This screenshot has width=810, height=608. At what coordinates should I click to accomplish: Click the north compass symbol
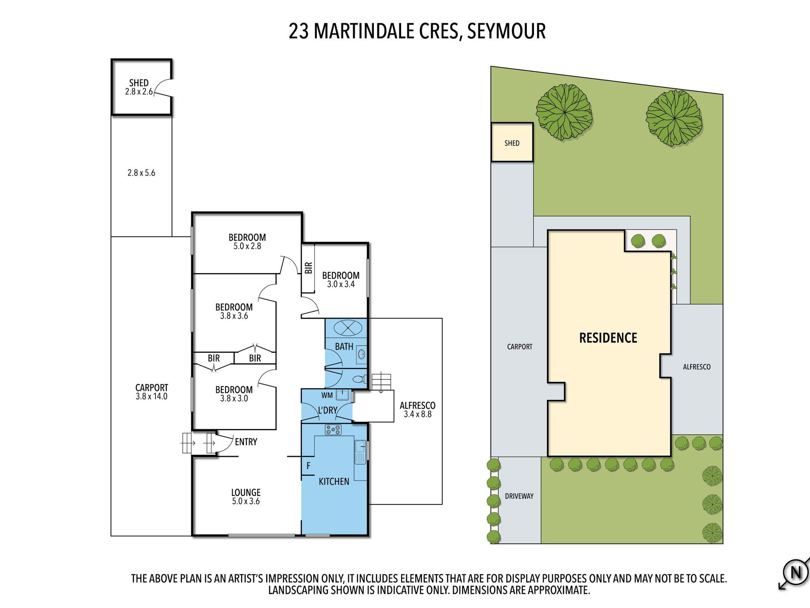[795, 573]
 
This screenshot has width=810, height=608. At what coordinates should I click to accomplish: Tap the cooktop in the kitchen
[333, 430]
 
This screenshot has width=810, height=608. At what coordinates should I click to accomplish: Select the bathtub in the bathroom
[348, 328]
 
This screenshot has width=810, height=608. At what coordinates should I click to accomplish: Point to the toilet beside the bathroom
[359, 379]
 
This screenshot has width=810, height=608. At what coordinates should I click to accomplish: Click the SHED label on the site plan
[512, 143]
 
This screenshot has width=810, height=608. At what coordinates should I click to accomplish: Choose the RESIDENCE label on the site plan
[608, 338]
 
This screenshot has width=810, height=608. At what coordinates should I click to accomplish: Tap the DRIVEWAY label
[519, 496]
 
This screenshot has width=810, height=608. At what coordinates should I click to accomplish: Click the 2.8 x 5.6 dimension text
[141, 173]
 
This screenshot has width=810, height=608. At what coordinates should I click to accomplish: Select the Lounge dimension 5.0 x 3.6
[246, 501]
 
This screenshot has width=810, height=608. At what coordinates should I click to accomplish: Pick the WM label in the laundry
[327, 396]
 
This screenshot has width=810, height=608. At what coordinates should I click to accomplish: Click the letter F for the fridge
[308, 466]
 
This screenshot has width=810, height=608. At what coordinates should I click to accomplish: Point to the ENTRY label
[246, 442]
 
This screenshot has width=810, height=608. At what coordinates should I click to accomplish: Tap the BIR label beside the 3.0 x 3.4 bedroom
[309, 268]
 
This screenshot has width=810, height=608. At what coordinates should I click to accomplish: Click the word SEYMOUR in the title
[506, 31]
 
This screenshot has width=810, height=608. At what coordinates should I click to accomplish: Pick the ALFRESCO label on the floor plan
[417, 405]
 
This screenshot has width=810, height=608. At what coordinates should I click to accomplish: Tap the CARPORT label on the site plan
[520, 347]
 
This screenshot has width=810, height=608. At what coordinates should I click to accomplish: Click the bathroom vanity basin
[362, 354]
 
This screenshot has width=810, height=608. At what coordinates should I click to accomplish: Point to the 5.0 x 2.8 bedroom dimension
[247, 246]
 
